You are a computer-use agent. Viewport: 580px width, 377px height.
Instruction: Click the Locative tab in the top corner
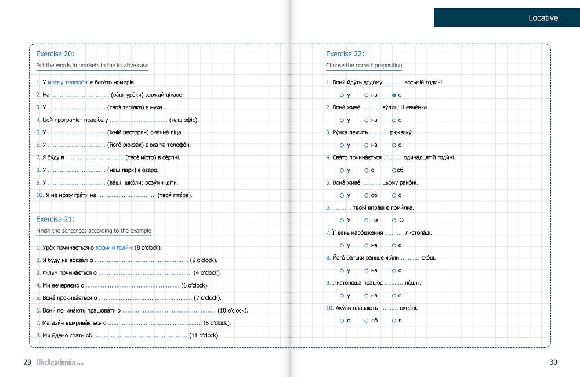coord(506,17)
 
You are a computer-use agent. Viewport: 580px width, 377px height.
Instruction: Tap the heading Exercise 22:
coord(345,53)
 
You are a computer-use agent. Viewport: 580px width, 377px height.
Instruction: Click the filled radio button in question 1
coord(394,95)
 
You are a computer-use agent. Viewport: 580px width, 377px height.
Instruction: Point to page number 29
coord(27,362)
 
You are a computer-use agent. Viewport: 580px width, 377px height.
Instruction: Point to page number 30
coord(553,362)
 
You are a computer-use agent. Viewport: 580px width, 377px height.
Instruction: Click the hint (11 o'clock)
coord(204,335)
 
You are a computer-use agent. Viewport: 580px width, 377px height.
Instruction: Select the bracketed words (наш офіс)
coord(184,120)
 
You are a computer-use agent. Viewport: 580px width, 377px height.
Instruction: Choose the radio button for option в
coord(394,321)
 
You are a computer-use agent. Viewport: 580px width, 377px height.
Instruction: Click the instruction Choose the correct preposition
coord(364,66)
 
